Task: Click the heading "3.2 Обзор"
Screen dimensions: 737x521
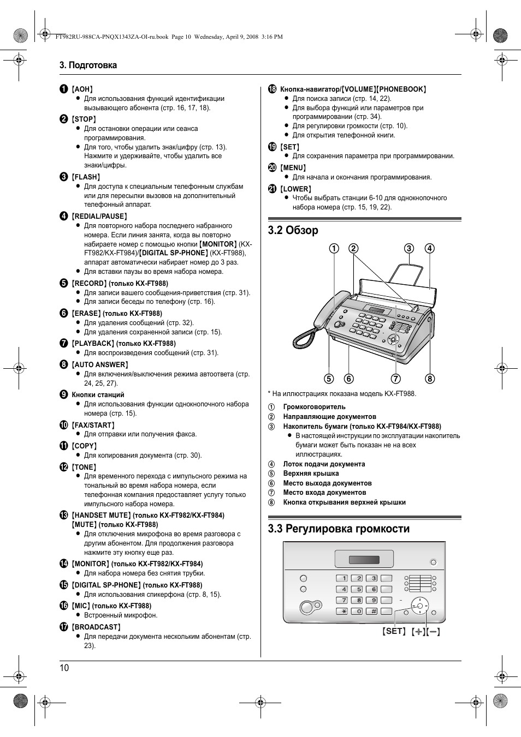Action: pyautogui.click(x=293, y=230)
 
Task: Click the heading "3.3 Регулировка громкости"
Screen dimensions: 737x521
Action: pyautogui.click(x=339, y=529)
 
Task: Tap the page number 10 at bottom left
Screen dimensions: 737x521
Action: pyautogui.click(x=64, y=668)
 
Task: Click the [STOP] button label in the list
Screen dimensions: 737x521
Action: pyautogui.click(x=84, y=119)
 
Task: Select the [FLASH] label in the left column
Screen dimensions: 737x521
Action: pyautogui.click(x=86, y=177)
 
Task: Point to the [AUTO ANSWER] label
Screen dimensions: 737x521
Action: pyautogui.click(x=100, y=364)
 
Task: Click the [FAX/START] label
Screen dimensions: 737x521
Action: pyautogui.click(x=93, y=425)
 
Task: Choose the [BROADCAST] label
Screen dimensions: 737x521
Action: pyautogui.click(x=96, y=627)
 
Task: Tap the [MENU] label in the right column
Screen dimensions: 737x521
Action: pyautogui.click(x=293, y=168)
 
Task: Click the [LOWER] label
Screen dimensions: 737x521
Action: pyautogui.click(x=295, y=189)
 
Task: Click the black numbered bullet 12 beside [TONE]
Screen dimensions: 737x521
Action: pyautogui.click(x=64, y=467)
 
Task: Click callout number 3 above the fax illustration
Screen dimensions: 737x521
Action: pyautogui.click(x=409, y=249)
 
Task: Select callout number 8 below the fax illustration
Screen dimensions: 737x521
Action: pyautogui.click(x=430, y=379)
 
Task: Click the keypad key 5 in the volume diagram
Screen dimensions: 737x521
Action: pyautogui.click(x=356, y=589)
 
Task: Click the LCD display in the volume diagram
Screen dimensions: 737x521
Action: pyautogui.click(x=364, y=559)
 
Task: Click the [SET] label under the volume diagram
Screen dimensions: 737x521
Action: pyautogui.click(x=394, y=631)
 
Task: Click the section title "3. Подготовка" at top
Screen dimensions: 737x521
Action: pyautogui.click(x=88, y=65)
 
